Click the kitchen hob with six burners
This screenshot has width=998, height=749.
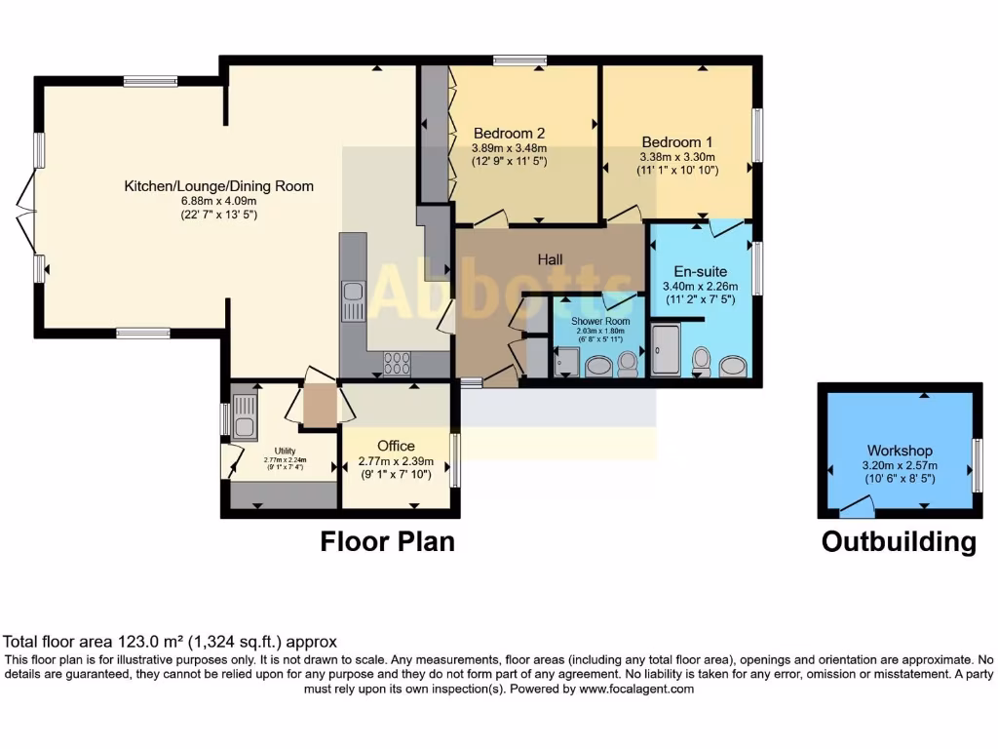click(x=397, y=363)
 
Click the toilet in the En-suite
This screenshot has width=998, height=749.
click(x=701, y=361)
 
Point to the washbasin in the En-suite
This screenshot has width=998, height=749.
click(x=733, y=365)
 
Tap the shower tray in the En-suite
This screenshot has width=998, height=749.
click(x=668, y=350)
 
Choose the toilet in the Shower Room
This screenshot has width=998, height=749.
click(x=628, y=364)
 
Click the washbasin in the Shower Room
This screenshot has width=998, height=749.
click(x=598, y=366)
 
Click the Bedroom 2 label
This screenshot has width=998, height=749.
click(x=509, y=133)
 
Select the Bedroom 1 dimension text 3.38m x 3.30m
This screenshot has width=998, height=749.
click(x=677, y=156)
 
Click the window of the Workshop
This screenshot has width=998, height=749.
click(x=977, y=466)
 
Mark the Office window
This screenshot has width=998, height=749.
click(x=455, y=459)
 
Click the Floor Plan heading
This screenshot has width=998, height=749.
click(x=388, y=541)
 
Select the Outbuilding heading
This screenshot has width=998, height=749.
click(x=899, y=541)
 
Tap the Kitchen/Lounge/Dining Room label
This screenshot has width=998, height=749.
click(x=218, y=186)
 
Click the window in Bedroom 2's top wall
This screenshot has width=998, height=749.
click(x=519, y=60)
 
